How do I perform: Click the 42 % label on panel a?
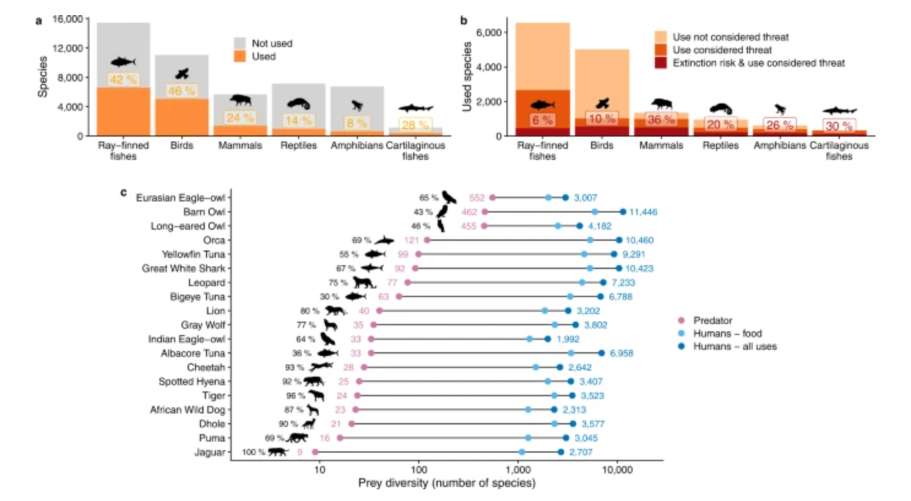tap(123, 80)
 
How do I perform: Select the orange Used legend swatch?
tap(240, 56)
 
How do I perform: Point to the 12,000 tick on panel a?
tap(67, 48)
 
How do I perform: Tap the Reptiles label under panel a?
tap(299, 145)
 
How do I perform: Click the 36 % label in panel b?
tap(661, 119)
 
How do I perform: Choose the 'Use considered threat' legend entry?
tap(722, 50)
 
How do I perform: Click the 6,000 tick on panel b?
tap(489, 32)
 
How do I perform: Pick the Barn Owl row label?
tap(204, 212)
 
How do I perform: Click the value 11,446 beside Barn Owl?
tap(642, 212)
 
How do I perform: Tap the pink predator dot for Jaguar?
tap(315, 452)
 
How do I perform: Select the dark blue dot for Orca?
tap(619, 240)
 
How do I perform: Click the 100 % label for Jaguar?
tap(253, 452)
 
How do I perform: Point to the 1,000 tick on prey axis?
tap(518, 470)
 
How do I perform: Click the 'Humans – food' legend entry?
tap(727, 333)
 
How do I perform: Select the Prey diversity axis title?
tap(446, 483)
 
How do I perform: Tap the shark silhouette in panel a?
tap(416, 108)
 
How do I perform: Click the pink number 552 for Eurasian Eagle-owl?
tap(476, 198)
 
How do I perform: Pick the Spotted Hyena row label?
tap(191, 382)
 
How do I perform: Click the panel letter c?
tap(123, 192)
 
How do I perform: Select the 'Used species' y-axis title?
tap(467, 77)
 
